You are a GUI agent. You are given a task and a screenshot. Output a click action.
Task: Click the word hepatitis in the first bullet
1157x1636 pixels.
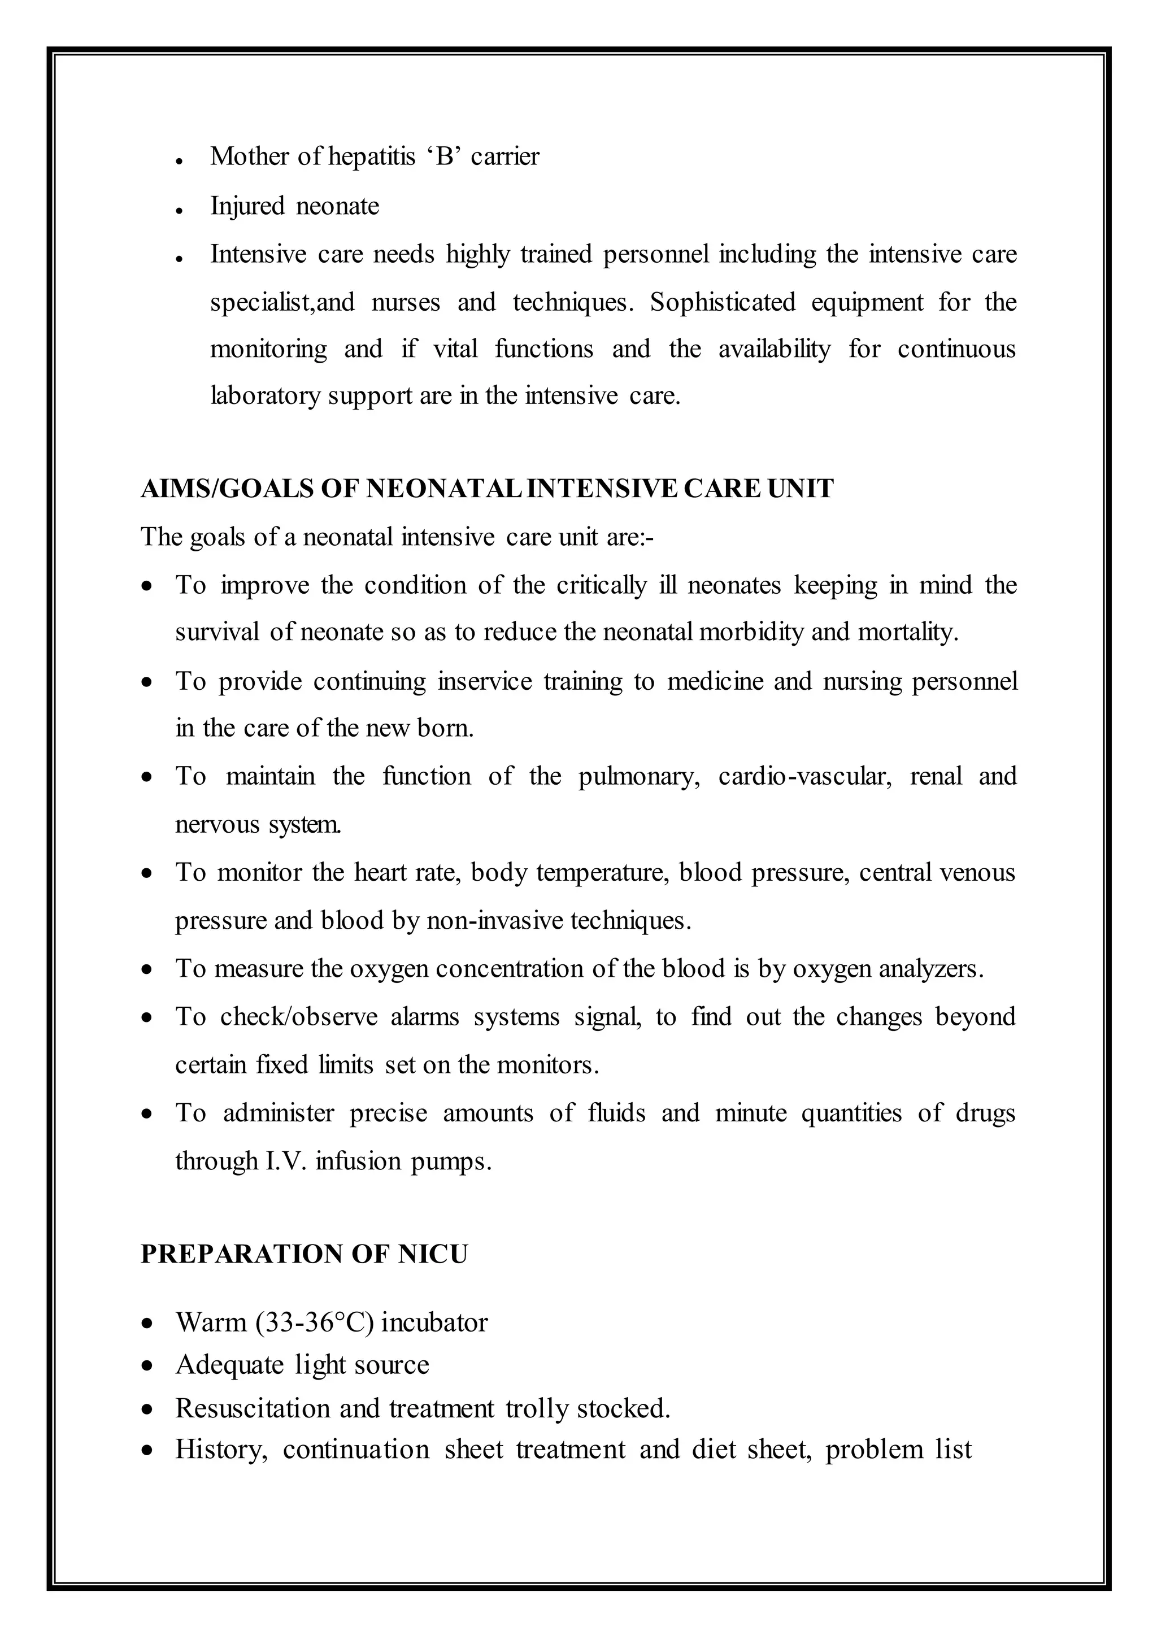click(371, 156)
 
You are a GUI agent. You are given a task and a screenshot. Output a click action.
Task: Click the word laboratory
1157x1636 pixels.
click(265, 395)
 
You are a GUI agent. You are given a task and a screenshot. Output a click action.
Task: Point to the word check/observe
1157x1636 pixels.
click(298, 1017)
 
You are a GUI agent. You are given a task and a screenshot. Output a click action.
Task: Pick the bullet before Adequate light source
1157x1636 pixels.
click(147, 1366)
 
